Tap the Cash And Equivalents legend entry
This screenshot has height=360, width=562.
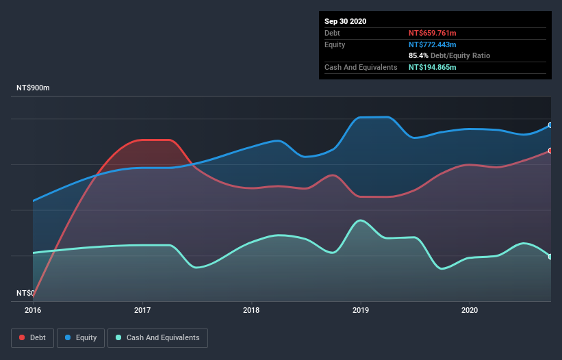tap(157, 337)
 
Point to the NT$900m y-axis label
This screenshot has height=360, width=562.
tap(34, 88)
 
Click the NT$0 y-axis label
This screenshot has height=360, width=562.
tap(25, 293)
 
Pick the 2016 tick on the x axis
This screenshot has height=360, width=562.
tap(33, 310)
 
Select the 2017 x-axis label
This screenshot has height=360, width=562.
tap(142, 310)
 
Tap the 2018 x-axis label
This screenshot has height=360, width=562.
tap(251, 310)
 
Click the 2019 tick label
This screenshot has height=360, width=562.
tap(361, 310)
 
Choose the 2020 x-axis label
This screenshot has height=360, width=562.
tap(470, 310)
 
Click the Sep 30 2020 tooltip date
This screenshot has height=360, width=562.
tap(345, 21)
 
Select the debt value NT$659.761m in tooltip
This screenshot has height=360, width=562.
tap(432, 33)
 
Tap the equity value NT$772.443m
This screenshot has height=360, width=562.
tap(432, 44)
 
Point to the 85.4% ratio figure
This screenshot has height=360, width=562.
tap(419, 55)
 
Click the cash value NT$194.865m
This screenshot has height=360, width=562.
tap(432, 67)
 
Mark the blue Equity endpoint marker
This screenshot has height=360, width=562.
tap(550, 125)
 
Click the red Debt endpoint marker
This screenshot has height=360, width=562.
tap(550, 151)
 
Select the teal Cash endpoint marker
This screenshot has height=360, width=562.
tap(550, 257)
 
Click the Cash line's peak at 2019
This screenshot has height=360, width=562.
tap(360, 220)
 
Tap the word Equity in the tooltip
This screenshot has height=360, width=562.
tap(335, 44)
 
